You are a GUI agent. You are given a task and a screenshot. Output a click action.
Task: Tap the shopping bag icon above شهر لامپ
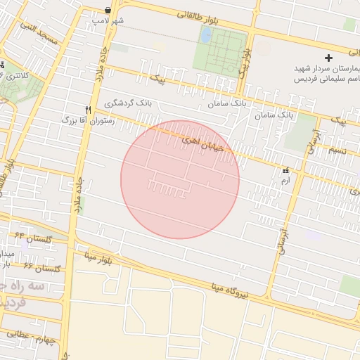pos(107,10)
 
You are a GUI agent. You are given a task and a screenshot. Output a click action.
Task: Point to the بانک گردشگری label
pos(128,103)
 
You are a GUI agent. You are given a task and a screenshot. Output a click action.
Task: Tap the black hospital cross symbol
pos(328,57)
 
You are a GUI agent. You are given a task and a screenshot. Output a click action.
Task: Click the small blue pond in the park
pos(206,34)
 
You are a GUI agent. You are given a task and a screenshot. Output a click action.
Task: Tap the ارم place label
pos(285,181)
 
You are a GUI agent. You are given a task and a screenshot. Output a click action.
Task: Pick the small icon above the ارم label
pos(285,171)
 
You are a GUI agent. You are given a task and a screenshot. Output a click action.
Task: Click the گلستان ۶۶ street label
pos(43,269)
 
